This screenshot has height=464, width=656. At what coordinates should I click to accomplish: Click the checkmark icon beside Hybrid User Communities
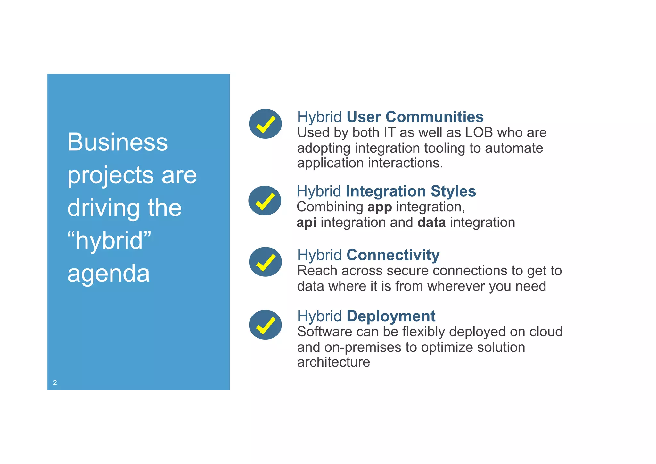click(x=265, y=124)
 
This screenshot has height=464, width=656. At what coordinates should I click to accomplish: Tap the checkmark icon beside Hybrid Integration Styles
click(x=265, y=201)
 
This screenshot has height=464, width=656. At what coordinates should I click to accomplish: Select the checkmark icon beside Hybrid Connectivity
click(x=265, y=262)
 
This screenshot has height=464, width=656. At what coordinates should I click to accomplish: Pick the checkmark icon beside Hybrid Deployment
click(x=265, y=325)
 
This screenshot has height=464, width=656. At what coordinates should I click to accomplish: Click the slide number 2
click(x=55, y=383)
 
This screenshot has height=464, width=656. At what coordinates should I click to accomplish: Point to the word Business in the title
click(x=117, y=142)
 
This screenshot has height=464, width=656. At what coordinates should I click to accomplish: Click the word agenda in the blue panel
click(x=108, y=274)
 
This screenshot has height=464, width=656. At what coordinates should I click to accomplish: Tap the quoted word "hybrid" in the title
click(x=109, y=240)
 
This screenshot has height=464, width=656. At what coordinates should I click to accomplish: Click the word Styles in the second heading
click(x=453, y=191)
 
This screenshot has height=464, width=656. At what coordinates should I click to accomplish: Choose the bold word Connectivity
click(x=393, y=255)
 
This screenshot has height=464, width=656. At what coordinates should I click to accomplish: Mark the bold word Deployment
click(x=391, y=316)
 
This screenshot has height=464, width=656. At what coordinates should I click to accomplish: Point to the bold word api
click(x=306, y=223)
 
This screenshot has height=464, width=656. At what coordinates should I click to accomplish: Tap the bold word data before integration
click(x=431, y=223)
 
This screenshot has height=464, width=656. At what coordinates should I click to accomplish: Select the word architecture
click(x=333, y=362)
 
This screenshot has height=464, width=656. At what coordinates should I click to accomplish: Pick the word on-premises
click(x=363, y=347)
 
